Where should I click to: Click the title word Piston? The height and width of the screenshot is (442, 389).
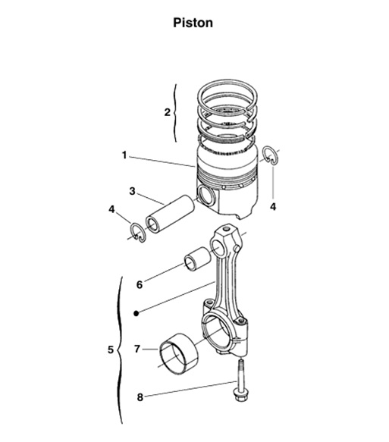[193, 23]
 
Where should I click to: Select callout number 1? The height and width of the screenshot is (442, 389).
[124, 155]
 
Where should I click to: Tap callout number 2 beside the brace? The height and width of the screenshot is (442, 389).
[167, 112]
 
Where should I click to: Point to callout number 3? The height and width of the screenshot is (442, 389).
[132, 192]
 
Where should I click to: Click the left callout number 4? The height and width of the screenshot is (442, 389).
[111, 208]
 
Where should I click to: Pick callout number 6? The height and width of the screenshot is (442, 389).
[139, 284]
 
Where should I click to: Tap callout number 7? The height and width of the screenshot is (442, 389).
[137, 350]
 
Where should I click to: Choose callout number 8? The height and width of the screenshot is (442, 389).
[139, 396]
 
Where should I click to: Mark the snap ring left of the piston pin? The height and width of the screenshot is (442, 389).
[136, 232]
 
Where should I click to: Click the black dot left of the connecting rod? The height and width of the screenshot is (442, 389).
[135, 312]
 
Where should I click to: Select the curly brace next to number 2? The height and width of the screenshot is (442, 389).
[176, 112]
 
